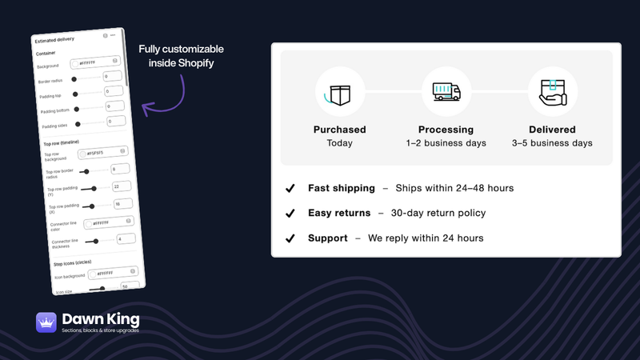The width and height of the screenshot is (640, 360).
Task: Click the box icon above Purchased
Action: click(x=340, y=92)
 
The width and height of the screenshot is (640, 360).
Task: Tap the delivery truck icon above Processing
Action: click(x=446, y=92)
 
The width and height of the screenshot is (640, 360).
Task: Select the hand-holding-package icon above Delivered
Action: click(x=552, y=92)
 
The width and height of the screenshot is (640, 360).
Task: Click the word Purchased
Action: click(x=340, y=130)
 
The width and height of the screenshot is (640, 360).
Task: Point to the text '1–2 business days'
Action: click(x=446, y=143)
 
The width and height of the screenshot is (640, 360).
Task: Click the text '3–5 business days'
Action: click(x=552, y=143)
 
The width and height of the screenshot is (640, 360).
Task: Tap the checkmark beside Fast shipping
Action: click(x=290, y=189)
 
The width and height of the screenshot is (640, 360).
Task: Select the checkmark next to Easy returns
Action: click(x=290, y=214)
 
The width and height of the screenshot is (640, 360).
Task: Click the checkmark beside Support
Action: click(x=290, y=238)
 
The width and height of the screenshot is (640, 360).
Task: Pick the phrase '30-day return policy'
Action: click(x=439, y=214)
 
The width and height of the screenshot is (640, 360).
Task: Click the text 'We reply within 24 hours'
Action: click(x=426, y=238)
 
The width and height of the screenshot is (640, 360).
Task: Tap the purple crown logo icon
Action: click(x=46, y=322)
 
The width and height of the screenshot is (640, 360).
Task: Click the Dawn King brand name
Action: click(x=101, y=318)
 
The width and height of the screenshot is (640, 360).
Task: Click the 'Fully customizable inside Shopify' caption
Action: click(x=181, y=56)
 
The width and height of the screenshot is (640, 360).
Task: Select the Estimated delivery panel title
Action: click(x=54, y=38)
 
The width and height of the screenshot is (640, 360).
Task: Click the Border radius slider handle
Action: click(x=74, y=79)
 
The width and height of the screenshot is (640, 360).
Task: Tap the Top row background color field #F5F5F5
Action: click(x=103, y=152)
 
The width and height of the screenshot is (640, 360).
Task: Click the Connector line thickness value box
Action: click(x=125, y=238)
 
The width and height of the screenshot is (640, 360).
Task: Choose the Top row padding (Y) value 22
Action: click(x=122, y=186)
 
